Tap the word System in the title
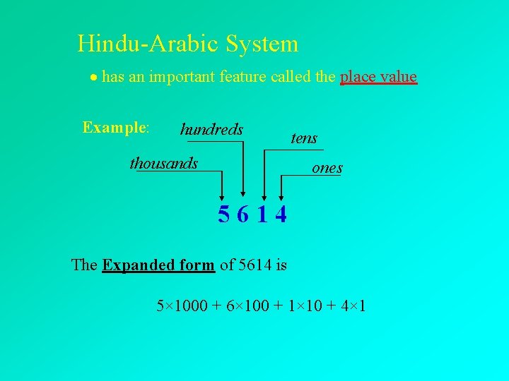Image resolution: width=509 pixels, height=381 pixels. click(262, 44)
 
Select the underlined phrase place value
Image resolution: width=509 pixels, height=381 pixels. click(378, 76)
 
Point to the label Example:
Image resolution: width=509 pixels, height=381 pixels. click(115, 128)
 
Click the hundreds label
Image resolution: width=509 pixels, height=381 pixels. click(211, 129)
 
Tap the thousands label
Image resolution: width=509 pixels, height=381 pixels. click(164, 164)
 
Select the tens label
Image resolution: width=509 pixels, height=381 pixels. click(304, 138)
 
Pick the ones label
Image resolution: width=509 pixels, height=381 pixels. click(327, 168)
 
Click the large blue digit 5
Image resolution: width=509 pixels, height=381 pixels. click(223, 214)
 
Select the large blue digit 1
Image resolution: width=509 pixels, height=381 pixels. click(262, 214)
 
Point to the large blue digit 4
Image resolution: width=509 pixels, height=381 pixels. click(281, 214)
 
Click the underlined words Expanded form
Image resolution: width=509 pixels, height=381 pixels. click(158, 265)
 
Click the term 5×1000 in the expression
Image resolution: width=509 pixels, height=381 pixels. click(182, 306)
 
